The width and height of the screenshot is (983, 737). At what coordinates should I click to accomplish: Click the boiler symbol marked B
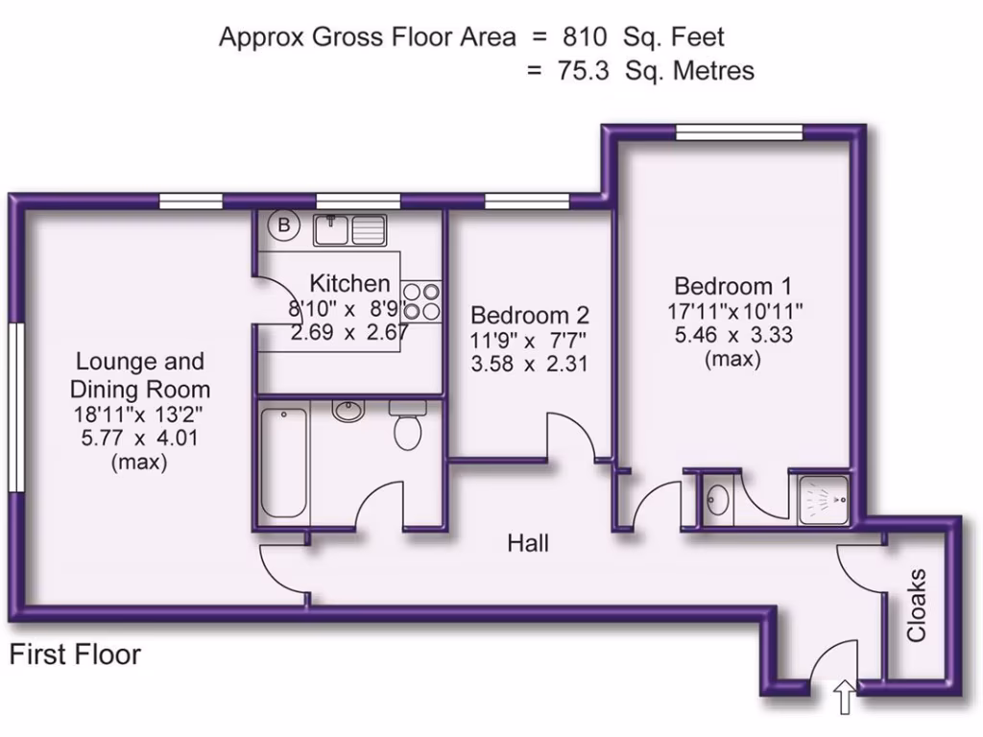point(284,225)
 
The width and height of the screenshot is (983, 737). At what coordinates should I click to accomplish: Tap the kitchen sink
point(349,229)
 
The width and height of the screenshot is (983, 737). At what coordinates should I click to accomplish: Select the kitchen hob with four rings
point(421,301)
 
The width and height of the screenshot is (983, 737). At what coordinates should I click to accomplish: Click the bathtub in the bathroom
point(284,463)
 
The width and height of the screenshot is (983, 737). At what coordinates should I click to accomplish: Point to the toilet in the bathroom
point(407,425)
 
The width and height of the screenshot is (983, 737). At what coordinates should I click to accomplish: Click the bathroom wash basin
point(348,411)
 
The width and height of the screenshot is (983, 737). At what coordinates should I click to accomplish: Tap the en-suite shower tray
point(824,500)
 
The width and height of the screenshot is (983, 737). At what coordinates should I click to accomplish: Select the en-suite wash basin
point(715,499)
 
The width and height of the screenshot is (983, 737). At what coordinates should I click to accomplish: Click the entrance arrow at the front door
point(845,697)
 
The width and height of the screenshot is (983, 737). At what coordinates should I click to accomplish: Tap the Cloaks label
point(917,605)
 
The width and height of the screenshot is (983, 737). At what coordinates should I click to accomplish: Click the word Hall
point(528,543)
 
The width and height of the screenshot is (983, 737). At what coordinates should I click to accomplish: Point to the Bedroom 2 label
point(530,314)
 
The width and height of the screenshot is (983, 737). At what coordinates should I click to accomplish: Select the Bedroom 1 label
point(732,286)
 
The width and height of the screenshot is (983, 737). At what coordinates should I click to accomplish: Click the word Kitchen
point(349,283)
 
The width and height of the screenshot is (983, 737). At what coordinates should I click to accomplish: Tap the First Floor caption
point(75,654)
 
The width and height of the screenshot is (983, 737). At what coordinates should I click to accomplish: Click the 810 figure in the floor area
point(585,37)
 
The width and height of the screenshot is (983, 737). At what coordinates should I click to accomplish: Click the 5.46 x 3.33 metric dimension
point(733,335)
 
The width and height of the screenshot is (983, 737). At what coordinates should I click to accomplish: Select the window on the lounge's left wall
point(17,407)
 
